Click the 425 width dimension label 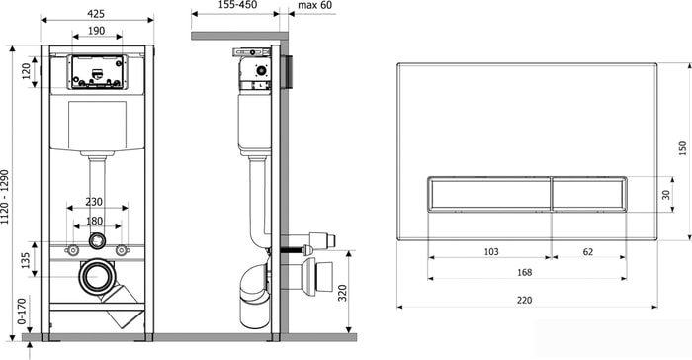click(96, 14)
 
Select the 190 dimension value click(96, 31)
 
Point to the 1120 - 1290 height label click(5, 197)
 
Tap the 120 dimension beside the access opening click(26, 71)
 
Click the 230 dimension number click(94, 202)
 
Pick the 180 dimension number click(95, 221)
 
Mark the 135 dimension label click(25, 260)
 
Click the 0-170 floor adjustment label click(22, 312)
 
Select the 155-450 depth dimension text click(237, 5)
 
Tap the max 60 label click(315, 5)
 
